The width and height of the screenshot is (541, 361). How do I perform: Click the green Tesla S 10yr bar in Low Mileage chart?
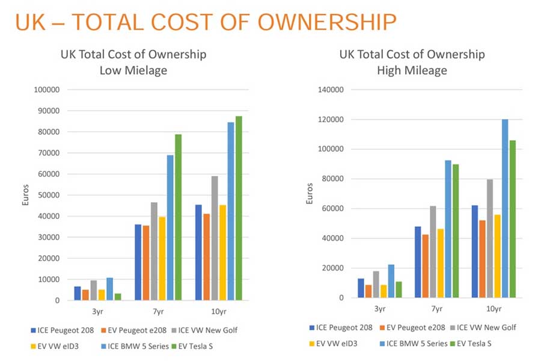pos(239,208)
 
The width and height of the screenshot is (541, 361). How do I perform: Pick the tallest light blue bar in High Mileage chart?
pos(505,208)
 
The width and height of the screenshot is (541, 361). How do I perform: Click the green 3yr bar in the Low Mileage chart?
pos(118,297)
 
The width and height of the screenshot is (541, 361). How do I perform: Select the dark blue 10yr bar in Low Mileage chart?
pos(198,252)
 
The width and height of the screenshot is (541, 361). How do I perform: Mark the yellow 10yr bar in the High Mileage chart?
pos(498,256)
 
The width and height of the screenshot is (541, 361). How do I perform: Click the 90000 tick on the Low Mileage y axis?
pos(47,111)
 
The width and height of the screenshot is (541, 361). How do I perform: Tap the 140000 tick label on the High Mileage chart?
pos(329,90)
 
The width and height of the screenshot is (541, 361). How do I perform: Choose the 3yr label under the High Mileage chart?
pos(379,309)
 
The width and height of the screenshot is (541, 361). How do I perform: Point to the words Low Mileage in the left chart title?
pos(133,70)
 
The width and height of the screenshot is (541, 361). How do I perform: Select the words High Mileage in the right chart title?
pos(412,70)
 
